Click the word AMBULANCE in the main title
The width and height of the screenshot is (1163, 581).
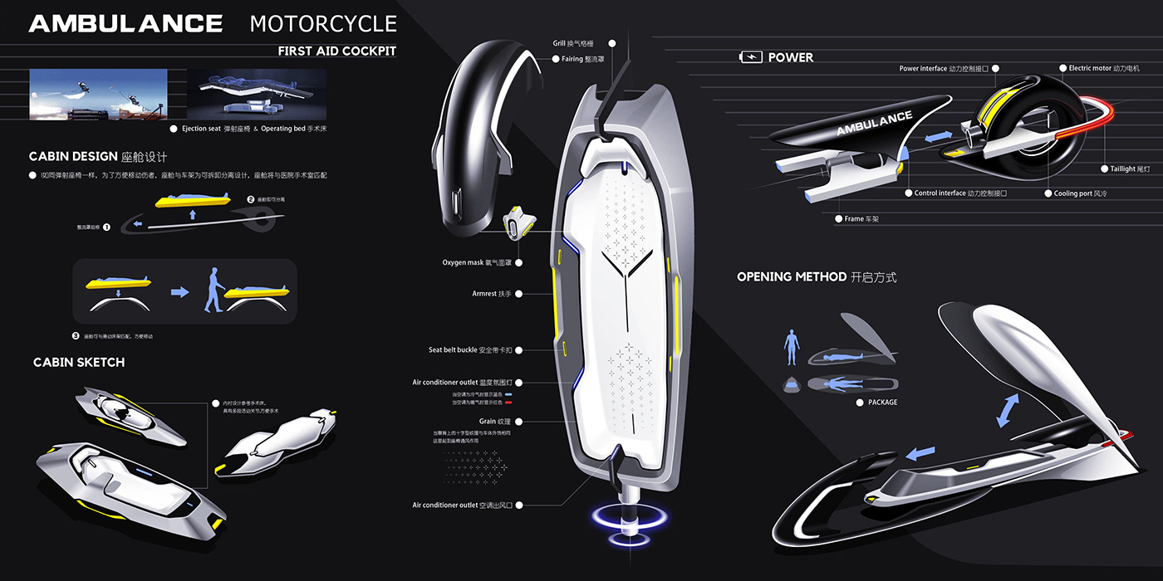pos(125,23)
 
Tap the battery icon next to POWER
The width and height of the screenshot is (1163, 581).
pos(750,57)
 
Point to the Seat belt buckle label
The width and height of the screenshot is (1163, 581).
pos(464,350)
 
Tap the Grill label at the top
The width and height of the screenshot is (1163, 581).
pos(579,43)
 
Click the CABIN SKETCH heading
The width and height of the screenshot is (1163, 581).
pos(79,363)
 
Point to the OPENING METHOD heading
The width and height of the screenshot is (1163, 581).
pos(817,277)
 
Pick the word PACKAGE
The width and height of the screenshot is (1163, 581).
pos(882,403)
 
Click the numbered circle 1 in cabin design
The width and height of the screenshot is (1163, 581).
pos(106,226)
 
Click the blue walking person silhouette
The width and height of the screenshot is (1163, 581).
pos(212,290)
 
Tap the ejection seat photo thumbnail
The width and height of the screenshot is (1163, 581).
pos(98,94)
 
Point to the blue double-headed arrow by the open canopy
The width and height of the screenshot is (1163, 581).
pos(1008,411)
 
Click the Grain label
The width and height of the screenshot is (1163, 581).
pos(487,422)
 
